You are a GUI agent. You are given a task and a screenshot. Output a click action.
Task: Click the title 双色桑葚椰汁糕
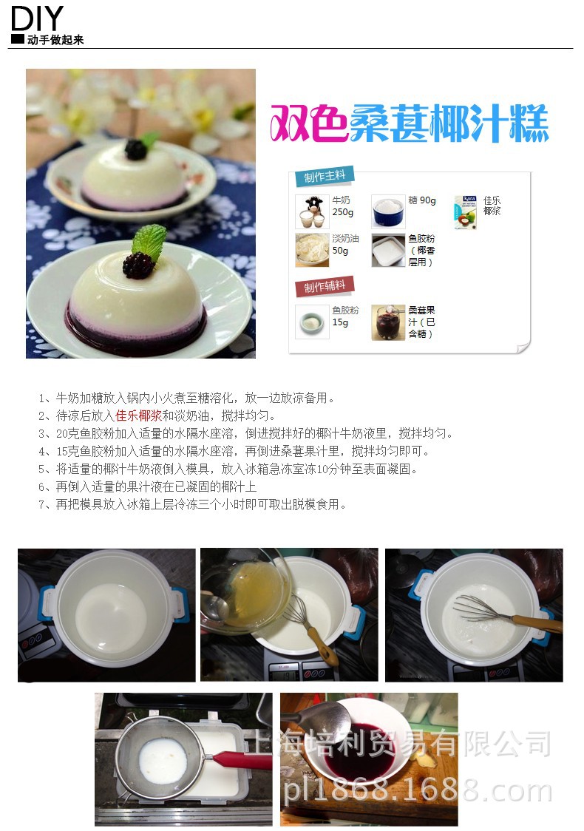point(409,123)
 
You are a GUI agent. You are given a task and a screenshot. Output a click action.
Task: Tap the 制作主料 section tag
point(325,177)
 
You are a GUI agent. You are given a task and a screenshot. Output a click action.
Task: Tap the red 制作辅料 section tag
point(325,287)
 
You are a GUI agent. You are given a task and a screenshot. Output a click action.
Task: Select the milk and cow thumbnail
point(312,211)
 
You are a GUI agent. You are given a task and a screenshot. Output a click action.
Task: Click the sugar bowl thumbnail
point(388,211)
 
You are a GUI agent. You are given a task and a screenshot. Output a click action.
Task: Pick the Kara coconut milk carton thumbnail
point(465,212)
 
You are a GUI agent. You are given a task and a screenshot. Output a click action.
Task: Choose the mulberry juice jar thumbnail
point(388,322)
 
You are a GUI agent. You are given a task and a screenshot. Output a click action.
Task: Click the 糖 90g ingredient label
point(422,200)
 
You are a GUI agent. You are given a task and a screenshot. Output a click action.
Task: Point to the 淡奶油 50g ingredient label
point(345,244)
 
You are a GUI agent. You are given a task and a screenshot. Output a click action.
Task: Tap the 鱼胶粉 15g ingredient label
point(345,316)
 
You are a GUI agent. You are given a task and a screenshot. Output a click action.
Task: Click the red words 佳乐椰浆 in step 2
point(138,415)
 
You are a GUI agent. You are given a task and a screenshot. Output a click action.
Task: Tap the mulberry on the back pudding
point(136,149)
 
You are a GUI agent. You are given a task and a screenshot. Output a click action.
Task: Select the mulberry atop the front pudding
point(138,265)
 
